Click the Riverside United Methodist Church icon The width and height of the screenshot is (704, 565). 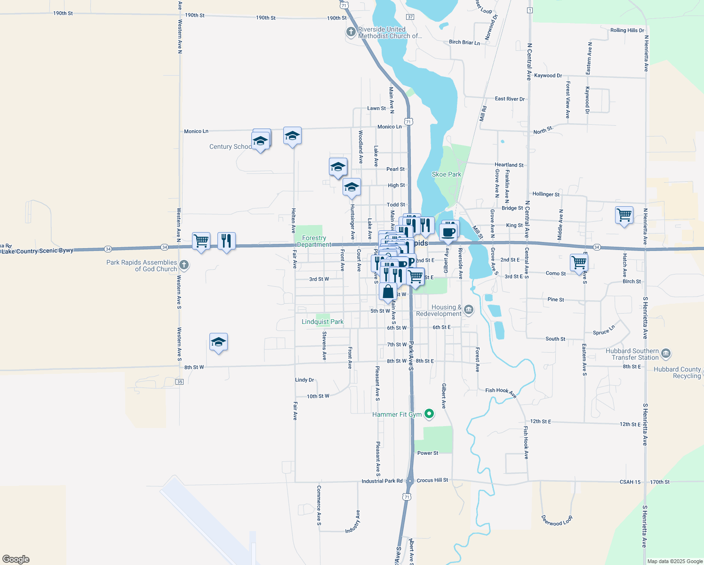pyautogui.click(x=351, y=32)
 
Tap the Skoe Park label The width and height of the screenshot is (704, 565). pyautogui.click(x=447, y=174)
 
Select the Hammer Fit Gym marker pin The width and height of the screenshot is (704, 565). pyautogui.click(x=429, y=414)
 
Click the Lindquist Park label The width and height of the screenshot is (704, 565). pyautogui.click(x=322, y=322)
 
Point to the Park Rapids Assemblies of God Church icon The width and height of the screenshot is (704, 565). pyautogui.click(x=184, y=266)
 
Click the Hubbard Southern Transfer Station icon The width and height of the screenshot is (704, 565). pyautogui.click(x=665, y=354)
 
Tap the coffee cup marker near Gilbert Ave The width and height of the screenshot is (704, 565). pyautogui.click(x=448, y=232)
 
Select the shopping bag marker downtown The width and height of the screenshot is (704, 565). pyautogui.click(x=388, y=292)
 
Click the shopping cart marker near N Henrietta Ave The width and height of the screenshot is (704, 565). pyautogui.click(x=624, y=215)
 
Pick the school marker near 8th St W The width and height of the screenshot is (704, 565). pyautogui.click(x=218, y=342)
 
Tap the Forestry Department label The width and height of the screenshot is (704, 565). pyautogui.click(x=314, y=241)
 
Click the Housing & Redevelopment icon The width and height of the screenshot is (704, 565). pyautogui.click(x=468, y=309)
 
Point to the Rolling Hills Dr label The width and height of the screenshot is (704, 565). pyautogui.click(x=627, y=30)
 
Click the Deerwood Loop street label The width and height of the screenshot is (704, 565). pyautogui.click(x=557, y=521)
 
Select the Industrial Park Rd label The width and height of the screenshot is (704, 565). pyautogui.click(x=382, y=481)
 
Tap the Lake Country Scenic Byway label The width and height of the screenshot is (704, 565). pyautogui.click(x=38, y=251)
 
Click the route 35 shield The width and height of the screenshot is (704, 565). pyautogui.click(x=179, y=381)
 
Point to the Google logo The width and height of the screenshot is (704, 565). pyautogui.click(x=16, y=559)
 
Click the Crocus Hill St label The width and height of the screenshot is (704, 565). pyautogui.click(x=432, y=480)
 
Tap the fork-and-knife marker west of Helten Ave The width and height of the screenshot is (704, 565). pyautogui.click(x=226, y=241)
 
